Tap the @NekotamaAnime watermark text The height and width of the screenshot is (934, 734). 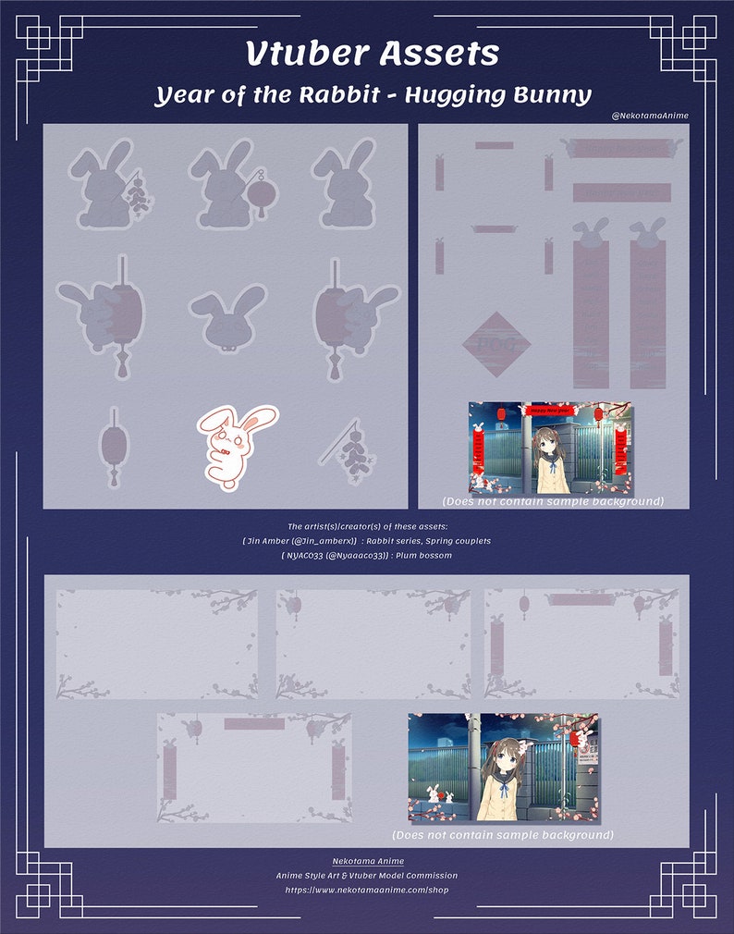[650, 116]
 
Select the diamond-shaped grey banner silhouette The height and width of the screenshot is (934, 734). [496, 345]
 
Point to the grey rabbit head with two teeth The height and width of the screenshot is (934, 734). [227, 315]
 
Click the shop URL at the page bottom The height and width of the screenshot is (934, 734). [366, 889]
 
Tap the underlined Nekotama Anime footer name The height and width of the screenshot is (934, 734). [367, 861]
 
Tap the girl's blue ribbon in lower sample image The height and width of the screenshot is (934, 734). [504, 792]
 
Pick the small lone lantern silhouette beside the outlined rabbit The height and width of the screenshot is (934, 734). [114, 447]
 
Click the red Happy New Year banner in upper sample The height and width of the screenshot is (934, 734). [549, 409]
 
